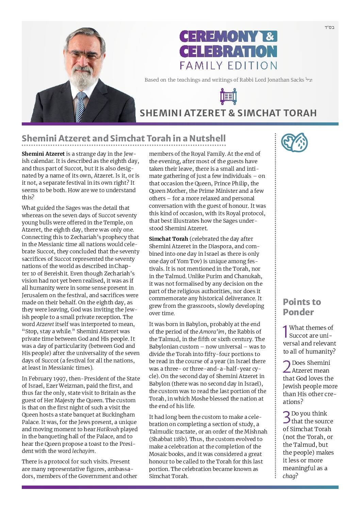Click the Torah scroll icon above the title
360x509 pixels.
pyautogui.click(x=228, y=97)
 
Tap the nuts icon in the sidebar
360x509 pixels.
pyautogui.click(x=294, y=142)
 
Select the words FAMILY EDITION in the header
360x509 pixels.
pyautogui.click(x=228, y=65)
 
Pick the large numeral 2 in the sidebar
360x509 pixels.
pyautogui.click(x=287, y=367)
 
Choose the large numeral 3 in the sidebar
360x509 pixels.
pyautogui.click(x=287, y=418)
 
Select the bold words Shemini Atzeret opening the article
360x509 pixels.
pyautogui.click(x=43, y=154)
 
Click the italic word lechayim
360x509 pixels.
pyautogui.click(x=83, y=452)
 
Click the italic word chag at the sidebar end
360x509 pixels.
pyautogui.click(x=289, y=476)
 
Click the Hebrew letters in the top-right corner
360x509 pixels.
pyautogui.click(x=329, y=27)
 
